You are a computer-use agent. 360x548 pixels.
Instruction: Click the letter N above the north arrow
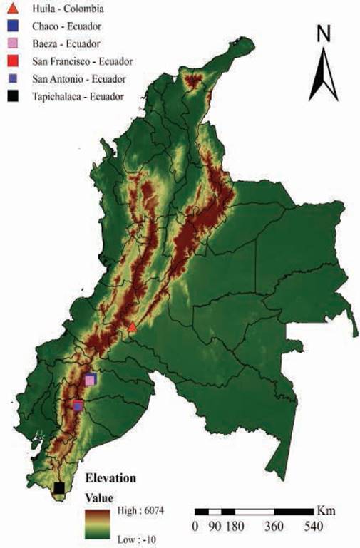(324, 33)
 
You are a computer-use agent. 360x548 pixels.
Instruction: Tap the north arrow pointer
(324, 75)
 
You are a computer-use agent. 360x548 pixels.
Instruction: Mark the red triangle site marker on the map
(132, 327)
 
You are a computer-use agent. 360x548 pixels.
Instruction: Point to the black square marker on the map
(59, 487)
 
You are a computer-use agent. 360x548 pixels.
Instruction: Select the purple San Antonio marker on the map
(78, 406)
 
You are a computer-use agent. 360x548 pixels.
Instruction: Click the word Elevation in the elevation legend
(110, 477)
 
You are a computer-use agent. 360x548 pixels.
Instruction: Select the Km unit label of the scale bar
(325, 511)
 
